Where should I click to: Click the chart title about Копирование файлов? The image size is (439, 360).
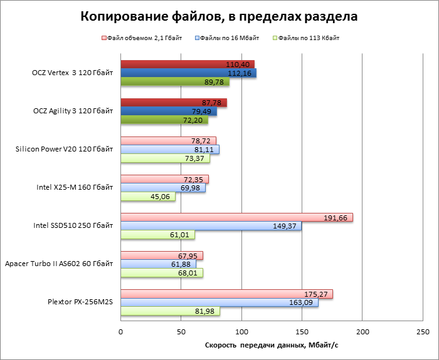pyautogui.click(x=219, y=17)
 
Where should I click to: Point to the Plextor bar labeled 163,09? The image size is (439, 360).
pyautogui.click(x=219, y=302)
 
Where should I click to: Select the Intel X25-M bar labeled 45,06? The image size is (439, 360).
pyautogui.click(x=147, y=197)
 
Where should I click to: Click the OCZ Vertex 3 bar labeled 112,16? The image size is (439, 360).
pyautogui.click(x=188, y=73)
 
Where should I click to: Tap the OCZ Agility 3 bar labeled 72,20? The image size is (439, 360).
pyautogui.click(x=164, y=120)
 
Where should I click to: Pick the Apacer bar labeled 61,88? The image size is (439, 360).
pyautogui.click(x=157, y=264)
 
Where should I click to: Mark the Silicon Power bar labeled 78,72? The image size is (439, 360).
pyautogui.click(x=167, y=141)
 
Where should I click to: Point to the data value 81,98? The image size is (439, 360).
pyautogui.click(x=207, y=311)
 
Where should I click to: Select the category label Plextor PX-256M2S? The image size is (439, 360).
pyautogui.click(x=80, y=302)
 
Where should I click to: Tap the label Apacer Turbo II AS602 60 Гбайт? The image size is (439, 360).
pyautogui.click(x=59, y=264)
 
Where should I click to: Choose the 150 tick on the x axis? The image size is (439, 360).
pyautogui.click(x=302, y=331)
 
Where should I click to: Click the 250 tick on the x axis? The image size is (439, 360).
pyautogui.click(x=423, y=331)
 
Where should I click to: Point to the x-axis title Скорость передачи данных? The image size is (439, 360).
pyautogui.click(x=271, y=345)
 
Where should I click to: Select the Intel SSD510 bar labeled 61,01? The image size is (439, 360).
pyautogui.click(x=157, y=235)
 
